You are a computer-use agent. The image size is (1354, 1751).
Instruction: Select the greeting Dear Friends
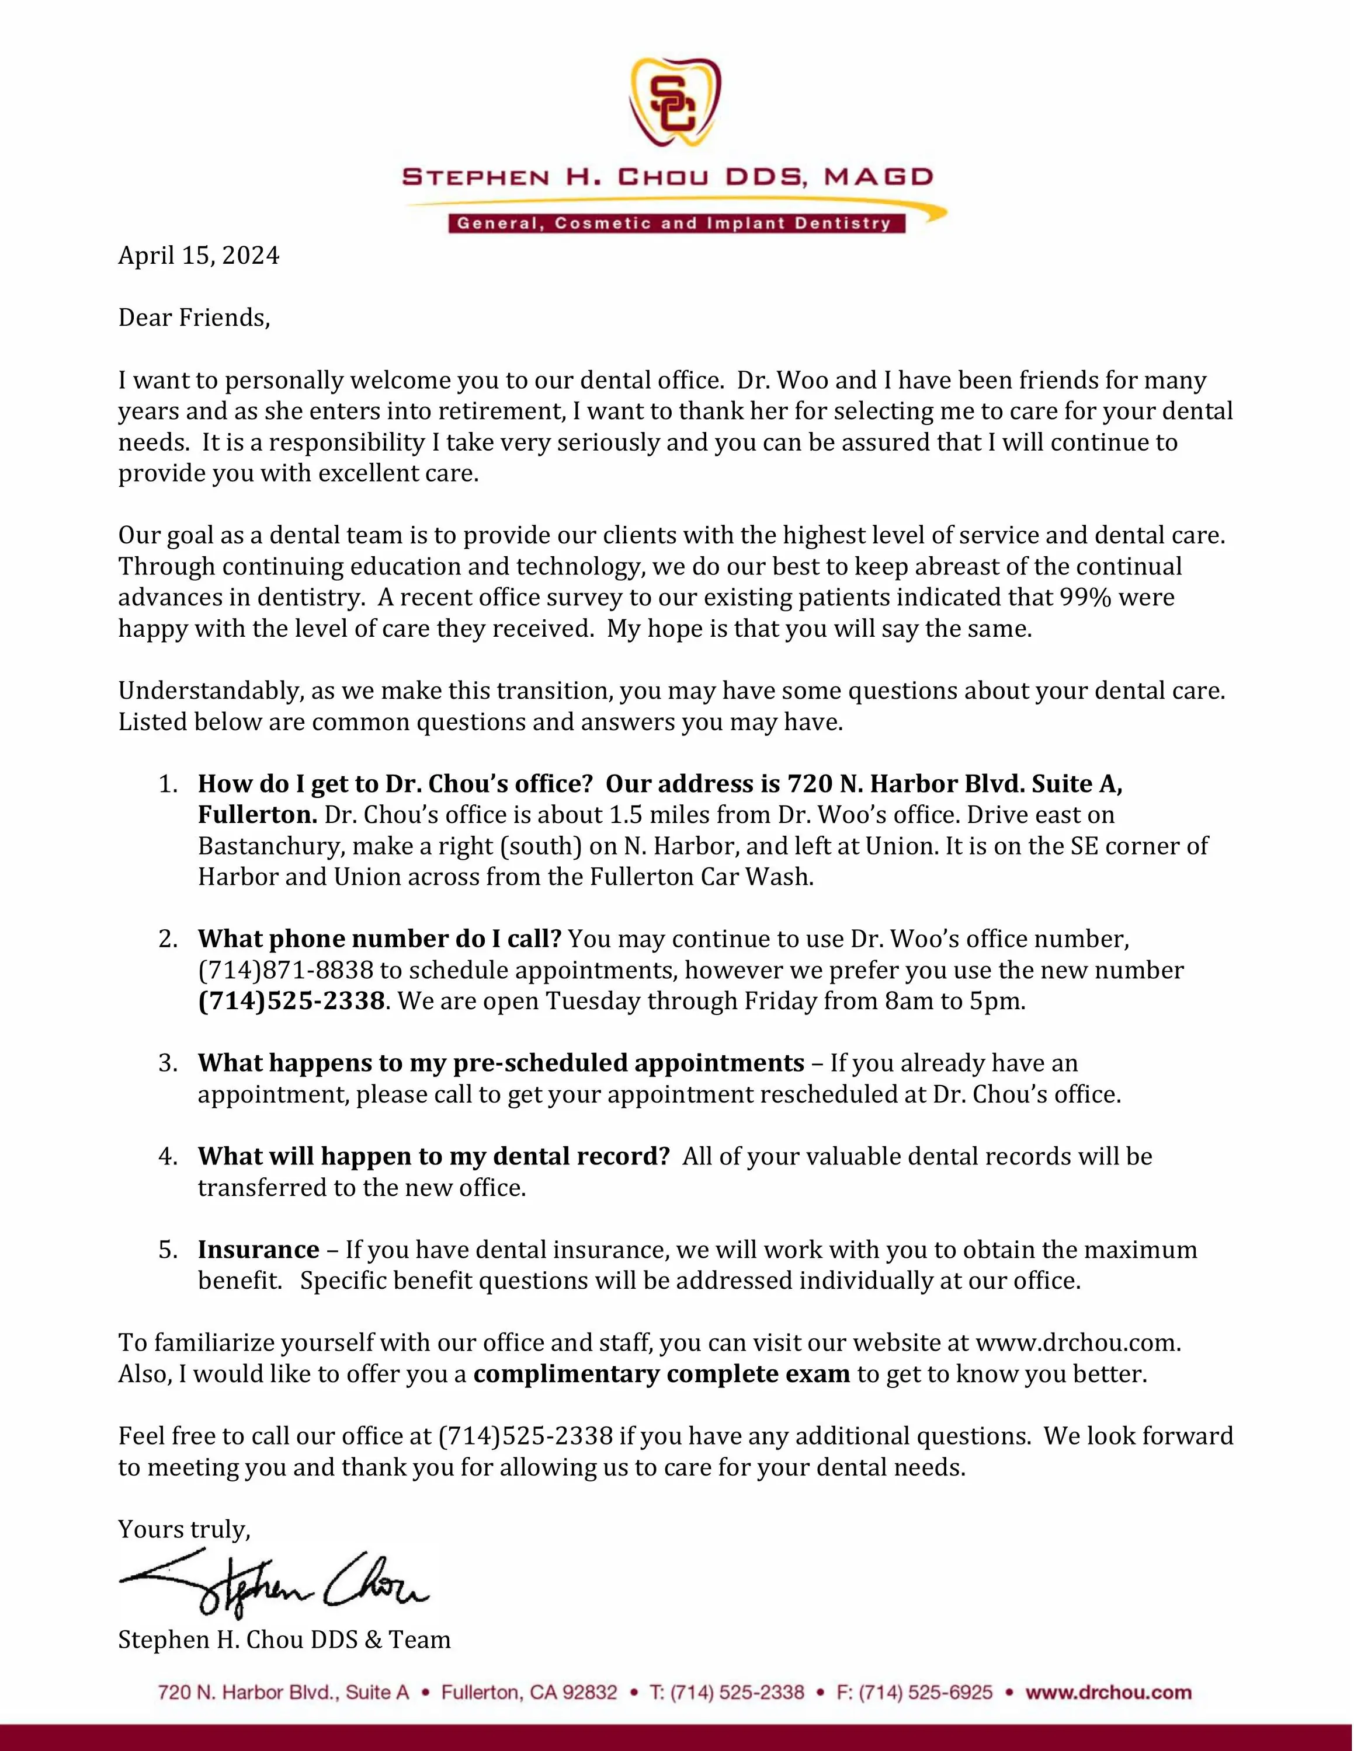194,318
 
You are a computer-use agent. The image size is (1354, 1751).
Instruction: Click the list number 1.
168,784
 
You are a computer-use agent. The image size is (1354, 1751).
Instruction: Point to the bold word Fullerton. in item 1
258,815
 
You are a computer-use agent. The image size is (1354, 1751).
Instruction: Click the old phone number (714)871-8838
286,970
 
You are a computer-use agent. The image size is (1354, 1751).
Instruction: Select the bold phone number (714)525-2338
291,1002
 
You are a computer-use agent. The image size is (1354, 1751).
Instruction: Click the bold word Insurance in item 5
258,1250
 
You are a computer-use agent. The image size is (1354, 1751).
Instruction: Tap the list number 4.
168,1156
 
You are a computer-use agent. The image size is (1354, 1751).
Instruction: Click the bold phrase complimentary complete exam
661,1374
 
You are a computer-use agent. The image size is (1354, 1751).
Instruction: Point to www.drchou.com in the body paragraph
1077,1343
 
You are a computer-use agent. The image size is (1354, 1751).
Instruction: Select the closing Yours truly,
185,1530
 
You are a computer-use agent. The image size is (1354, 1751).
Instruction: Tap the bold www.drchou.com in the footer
1109,1693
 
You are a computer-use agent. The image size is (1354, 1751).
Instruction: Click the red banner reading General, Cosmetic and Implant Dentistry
675,224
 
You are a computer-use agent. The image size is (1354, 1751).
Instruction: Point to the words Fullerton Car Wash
702,877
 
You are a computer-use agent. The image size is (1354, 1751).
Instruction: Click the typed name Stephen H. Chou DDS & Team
284,1640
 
